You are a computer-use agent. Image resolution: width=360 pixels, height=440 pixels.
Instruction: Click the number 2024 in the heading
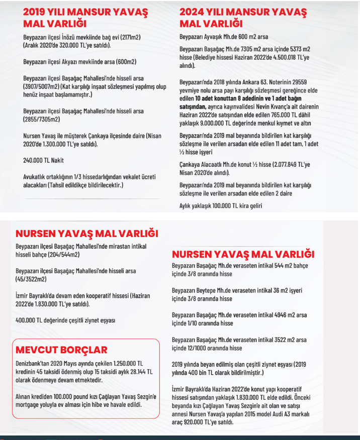(x=194, y=12)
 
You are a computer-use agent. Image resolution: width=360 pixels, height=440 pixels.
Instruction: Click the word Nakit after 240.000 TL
(x=57, y=161)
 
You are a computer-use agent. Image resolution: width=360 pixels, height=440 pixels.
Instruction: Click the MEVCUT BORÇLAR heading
(x=61, y=350)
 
